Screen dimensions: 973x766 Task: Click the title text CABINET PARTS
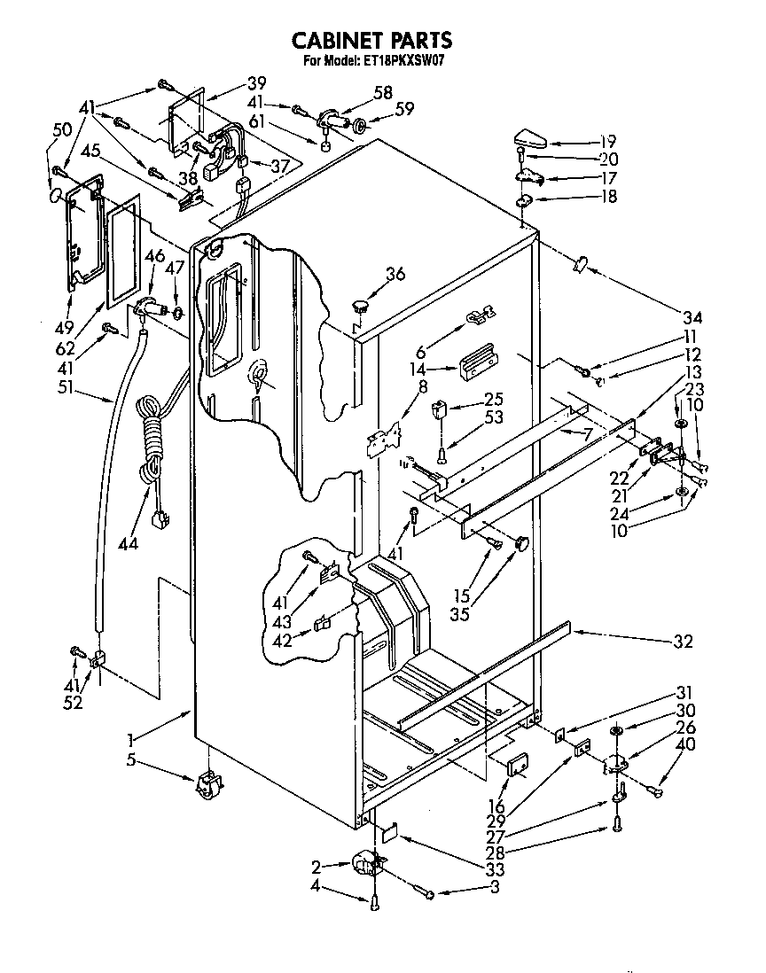click(372, 40)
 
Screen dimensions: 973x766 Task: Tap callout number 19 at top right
click(606, 142)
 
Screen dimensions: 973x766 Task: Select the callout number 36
click(395, 274)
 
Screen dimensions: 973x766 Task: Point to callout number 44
click(128, 543)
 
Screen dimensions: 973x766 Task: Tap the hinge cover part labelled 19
click(531, 139)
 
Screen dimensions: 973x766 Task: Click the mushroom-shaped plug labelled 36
click(360, 307)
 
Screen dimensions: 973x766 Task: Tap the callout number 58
click(383, 92)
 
